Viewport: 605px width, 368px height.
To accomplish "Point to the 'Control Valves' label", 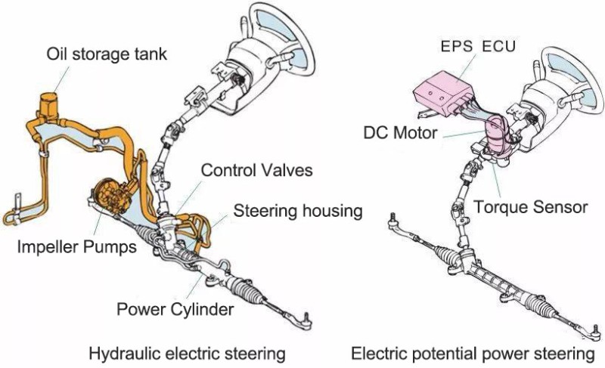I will click(256, 170).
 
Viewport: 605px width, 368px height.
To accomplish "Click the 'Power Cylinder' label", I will click(175, 309).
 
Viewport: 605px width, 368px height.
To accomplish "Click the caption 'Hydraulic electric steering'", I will click(187, 353).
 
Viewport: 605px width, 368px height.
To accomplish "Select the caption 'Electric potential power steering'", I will click(473, 353).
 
